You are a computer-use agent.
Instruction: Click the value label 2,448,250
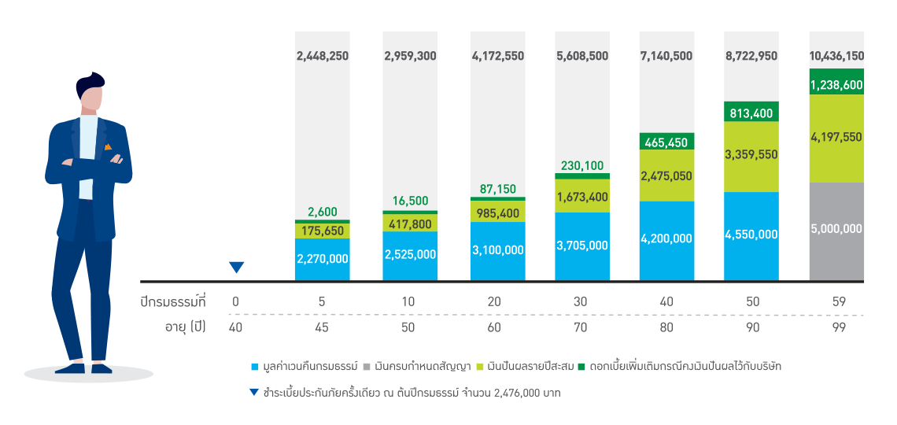321,56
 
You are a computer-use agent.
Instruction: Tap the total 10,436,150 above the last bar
836,56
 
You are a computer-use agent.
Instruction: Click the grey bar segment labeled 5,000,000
836,231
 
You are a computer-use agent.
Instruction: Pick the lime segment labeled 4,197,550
836,138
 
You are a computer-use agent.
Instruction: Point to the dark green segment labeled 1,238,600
836,82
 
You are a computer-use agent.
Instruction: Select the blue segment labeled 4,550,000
751,235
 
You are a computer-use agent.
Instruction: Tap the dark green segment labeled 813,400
751,113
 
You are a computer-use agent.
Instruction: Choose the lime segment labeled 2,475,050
666,176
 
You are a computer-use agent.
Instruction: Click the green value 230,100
581,165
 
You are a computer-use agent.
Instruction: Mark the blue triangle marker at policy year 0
236,268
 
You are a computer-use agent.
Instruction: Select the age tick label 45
321,327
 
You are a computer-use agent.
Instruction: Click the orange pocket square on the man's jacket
108,146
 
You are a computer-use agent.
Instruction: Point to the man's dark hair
90,81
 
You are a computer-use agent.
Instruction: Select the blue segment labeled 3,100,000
497,250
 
